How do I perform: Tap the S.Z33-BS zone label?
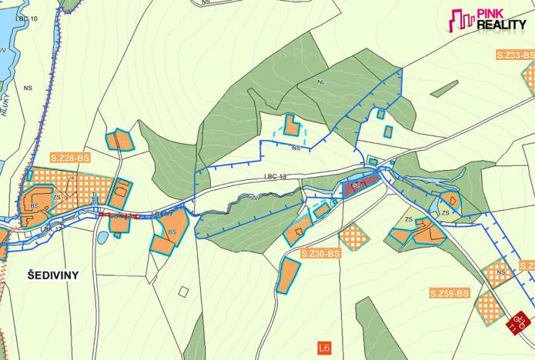513,55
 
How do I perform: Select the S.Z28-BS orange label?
70,158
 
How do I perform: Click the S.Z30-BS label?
320,253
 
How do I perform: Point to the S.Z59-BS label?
450,293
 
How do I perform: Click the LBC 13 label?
275,177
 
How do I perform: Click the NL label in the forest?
321,81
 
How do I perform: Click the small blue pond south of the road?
102,238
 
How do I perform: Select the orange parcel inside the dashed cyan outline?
291,125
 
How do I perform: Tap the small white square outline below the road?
183,292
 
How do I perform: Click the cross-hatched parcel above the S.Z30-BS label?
353,235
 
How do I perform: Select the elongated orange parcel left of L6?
287,275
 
